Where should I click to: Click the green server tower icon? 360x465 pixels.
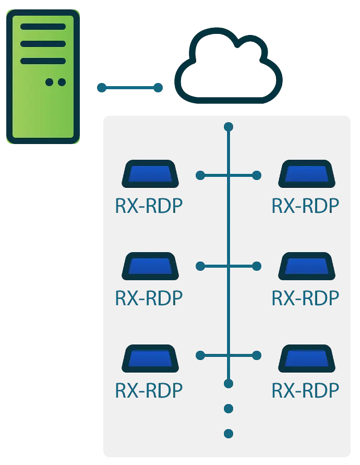pyautogui.click(x=43, y=77)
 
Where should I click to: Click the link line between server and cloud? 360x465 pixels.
pyautogui.click(x=129, y=88)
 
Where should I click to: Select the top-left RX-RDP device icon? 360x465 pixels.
pyautogui.click(x=149, y=174)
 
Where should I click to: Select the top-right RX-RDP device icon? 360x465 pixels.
pyautogui.click(x=306, y=174)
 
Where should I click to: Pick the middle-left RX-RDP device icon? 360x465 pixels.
pyautogui.click(x=149, y=266)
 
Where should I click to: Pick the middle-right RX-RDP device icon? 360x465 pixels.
pyautogui.click(x=306, y=266)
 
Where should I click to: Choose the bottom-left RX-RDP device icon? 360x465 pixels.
pyautogui.click(x=149, y=357)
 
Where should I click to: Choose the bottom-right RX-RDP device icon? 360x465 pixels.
pyautogui.click(x=306, y=357)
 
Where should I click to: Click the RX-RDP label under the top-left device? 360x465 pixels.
pyautogui.click(x=149, y=206)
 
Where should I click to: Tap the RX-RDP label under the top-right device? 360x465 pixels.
pyautogui.click(x=306, y=206)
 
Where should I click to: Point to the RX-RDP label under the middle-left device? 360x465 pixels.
pyautogui.click(x=149, y=297)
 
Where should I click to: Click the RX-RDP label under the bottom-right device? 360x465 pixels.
pyautogui.click(x=306, y=389)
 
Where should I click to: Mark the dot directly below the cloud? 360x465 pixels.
pyautogui.click(x=228, y=127)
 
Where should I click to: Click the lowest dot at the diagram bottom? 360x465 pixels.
pyautogui.click(x=228, y=433)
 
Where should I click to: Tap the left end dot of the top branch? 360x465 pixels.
pyautogui.click(x=200, y=175)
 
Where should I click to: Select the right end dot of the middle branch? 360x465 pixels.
pyautogui.click(x=257, y=266)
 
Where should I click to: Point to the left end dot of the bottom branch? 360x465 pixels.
pyautogui.click(x=200, y=356)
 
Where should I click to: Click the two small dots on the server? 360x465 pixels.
pyautogui.click(x=56, y=82)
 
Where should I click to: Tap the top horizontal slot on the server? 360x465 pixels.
pyautogui.click(x=43, y=27)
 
